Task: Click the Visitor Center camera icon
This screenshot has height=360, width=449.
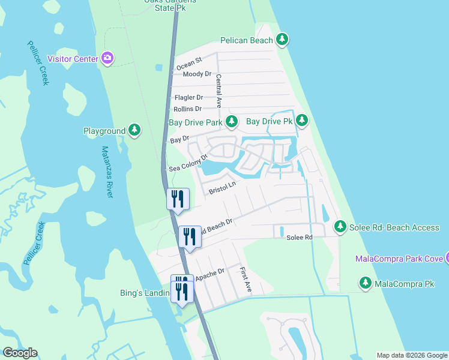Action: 107,58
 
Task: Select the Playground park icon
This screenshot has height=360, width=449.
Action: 135,130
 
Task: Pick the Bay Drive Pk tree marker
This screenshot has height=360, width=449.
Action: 302,121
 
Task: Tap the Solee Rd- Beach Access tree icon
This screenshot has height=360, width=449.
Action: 340,227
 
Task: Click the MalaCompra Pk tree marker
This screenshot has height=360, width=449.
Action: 365,283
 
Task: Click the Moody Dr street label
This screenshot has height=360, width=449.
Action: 197,74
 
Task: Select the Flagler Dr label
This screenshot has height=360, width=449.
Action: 188,97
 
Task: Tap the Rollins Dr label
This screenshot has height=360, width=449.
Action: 187,109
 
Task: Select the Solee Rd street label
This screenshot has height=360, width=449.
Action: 300,238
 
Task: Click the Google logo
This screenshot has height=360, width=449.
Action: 20,353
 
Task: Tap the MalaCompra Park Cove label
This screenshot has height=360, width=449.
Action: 399,259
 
